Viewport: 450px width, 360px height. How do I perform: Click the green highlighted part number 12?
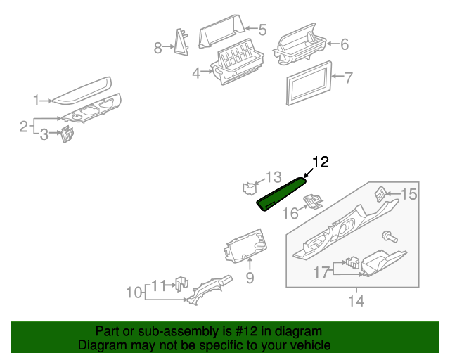282,193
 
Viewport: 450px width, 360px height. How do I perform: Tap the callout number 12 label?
321,162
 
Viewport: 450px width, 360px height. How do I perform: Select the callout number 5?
262,30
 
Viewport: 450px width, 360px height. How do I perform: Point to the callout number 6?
344,45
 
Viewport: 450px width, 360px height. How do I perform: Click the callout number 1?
36,101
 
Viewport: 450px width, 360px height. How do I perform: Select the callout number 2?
23,127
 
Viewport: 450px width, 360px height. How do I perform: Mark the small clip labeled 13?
248,188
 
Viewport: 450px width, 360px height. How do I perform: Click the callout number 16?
290,213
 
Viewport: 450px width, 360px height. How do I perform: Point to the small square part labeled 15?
380,192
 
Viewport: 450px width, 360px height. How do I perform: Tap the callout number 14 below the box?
356,302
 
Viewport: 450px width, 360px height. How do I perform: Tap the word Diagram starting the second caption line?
100,345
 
